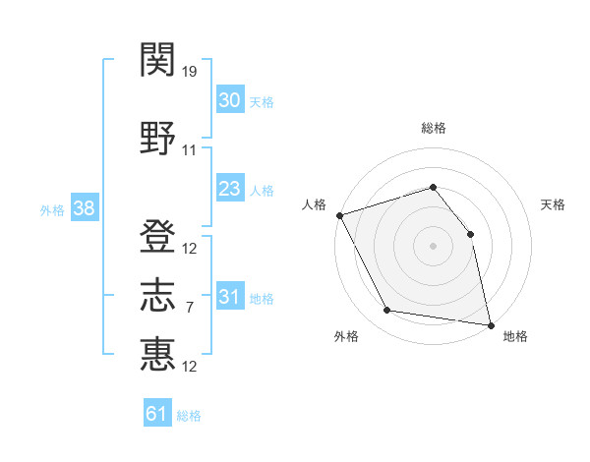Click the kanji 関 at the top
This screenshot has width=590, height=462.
click(x=157, y=59)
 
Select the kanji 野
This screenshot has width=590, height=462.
click(x=157, y=138)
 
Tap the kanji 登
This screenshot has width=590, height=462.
click(x=157, y=236)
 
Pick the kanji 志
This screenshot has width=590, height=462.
click(x=157, y=295)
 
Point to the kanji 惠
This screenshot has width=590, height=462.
click(x=157, y=354)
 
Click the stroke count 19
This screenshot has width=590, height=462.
click(x=189, y=72)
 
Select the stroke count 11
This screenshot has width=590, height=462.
click(x=189, y=150)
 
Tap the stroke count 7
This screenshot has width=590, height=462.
click(x=190, y=308)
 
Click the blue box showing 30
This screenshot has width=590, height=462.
click(x=230, y=98)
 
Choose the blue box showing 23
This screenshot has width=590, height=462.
click(x=230, y=188)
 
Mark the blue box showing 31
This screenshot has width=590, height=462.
click(x=230, y=295)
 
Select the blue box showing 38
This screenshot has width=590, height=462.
click(x=85, y=207)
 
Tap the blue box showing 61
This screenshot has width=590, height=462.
click(x=157, y=412)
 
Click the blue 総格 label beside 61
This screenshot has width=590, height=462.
click(x=189, y=416)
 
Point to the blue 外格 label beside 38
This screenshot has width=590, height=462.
click(x=52, y=210)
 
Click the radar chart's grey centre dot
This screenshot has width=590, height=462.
click(x=433, y=246)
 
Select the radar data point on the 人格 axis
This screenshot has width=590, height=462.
click(x=340, y=215)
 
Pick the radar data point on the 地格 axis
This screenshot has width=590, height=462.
click(x=491, y=325)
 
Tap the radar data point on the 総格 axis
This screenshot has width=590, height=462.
click(x=433, y=187)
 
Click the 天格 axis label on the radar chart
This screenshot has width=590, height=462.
click(x=553, y=204)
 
